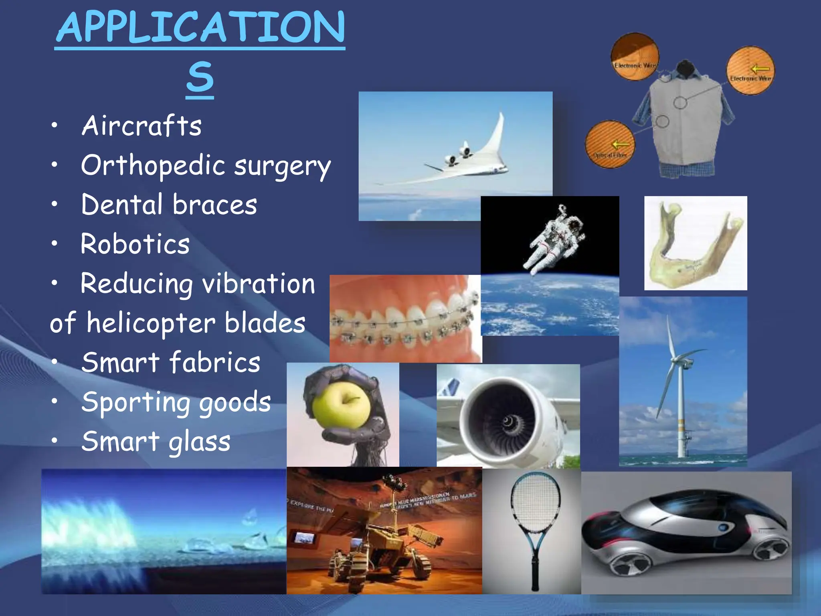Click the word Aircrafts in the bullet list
(142, 126)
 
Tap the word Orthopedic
(153, 165)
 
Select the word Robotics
(135, 244)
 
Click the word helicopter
(152, 323)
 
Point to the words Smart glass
(156, 441)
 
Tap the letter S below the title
(200, 77)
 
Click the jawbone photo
(696, 243)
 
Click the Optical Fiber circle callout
(609, 144)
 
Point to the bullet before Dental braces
(55, 204)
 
